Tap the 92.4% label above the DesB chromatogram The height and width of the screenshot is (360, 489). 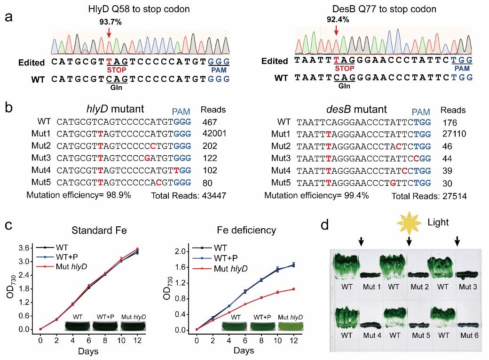point(337,20)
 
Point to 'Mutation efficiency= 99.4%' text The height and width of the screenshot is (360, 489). point(316,195)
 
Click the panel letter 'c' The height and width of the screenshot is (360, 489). point(8,225)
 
